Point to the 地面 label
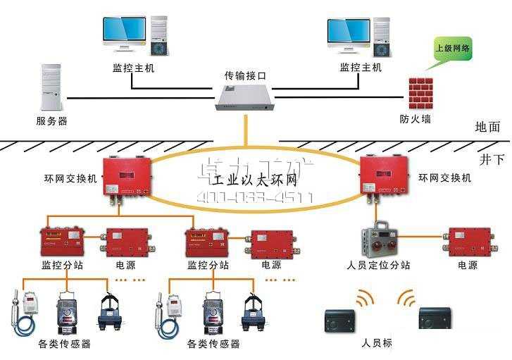point(488,127)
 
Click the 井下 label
point(492,159)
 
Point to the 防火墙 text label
point(416,119)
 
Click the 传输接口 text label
point(244,75)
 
